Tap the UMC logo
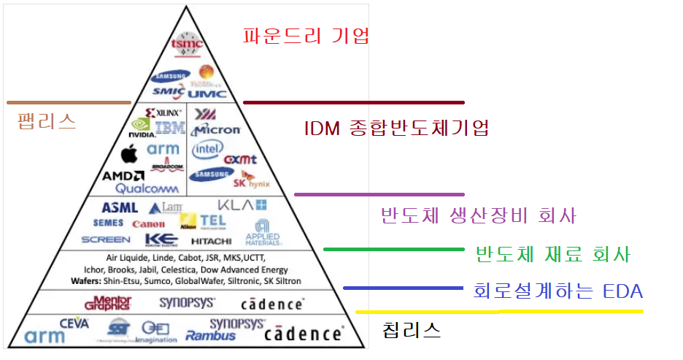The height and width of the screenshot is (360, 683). (208, 93)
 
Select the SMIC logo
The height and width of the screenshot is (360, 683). (169, 93)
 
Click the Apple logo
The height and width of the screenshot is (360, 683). (129, 154)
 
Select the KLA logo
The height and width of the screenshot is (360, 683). (243, 205)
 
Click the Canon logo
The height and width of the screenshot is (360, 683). (148, 223)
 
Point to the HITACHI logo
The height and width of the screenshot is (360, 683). (211, 240)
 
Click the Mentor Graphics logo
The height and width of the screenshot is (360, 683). (107, 302)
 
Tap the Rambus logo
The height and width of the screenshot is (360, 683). (211, 336)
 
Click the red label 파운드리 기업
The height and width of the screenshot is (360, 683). (306, 35)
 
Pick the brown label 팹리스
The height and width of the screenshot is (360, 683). (47, 120)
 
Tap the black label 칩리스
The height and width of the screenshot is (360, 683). (412, 329)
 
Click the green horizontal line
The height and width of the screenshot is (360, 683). (394, 249)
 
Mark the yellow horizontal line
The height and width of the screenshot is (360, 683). (499, 312)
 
